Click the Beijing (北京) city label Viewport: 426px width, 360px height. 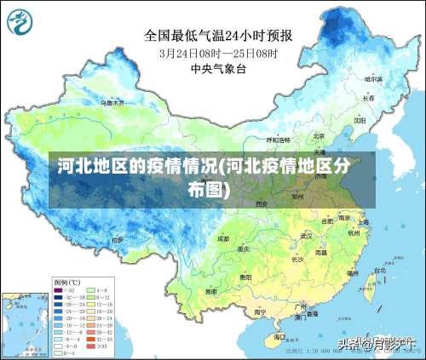(318, 134)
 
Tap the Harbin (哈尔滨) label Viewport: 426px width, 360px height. (373, 78)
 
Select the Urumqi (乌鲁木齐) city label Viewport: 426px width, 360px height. (112, 102)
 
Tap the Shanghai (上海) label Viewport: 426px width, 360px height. (363, 221)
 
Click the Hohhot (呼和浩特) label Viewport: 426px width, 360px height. (278, 139)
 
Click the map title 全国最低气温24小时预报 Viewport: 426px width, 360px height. (218, 35)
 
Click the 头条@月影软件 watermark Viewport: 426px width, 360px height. (375, 344)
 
